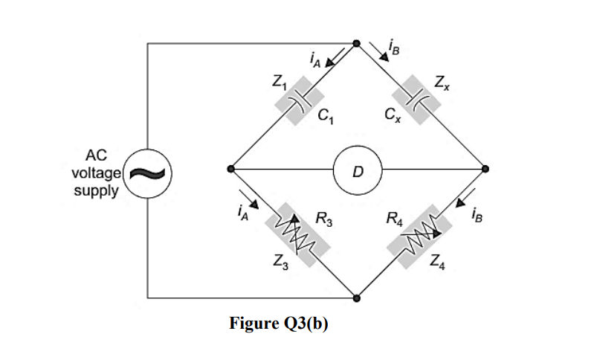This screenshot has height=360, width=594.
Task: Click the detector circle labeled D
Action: [357, 170]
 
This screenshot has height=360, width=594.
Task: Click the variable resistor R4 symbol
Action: [420, 235]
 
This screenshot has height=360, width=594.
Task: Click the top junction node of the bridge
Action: [356, 44]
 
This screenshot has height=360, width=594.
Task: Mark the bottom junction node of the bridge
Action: [357, 298]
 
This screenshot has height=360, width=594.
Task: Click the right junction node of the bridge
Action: [483, 170]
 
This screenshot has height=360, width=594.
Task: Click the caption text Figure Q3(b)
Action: [279, 324]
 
